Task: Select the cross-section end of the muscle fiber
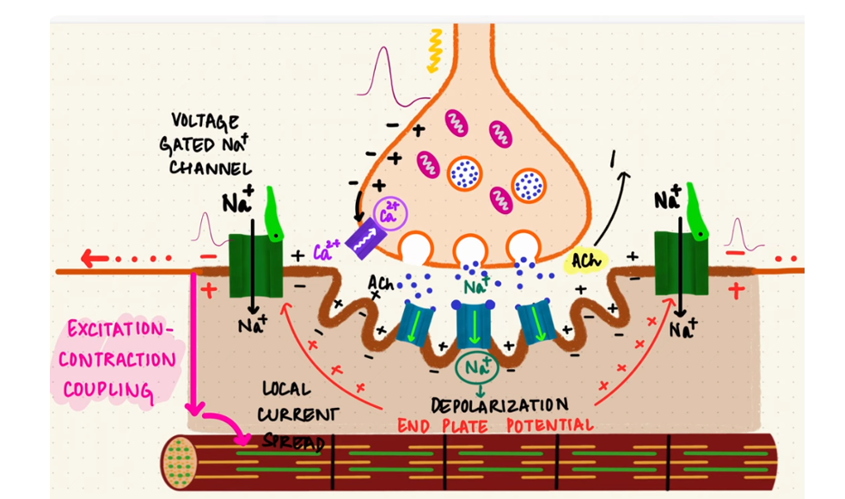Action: (x=180, y=459)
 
